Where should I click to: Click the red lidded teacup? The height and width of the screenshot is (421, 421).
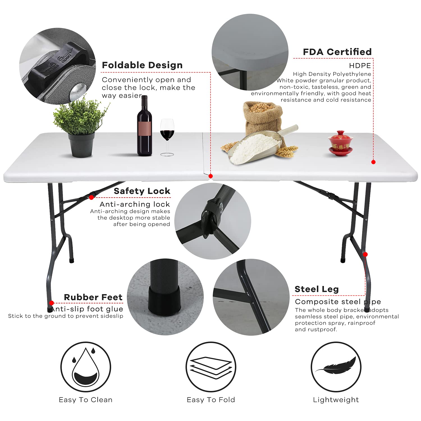click(x=340, y=143)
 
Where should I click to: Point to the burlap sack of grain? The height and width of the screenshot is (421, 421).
click(x=262, y=118)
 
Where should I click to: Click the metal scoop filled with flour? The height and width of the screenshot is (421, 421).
click(x=261, y=146)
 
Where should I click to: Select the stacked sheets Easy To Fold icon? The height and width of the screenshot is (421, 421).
click(x=211, y=367)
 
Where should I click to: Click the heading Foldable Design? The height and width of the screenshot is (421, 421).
click(x=142, y=65)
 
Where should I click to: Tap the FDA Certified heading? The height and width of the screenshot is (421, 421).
click(x=337, y=52)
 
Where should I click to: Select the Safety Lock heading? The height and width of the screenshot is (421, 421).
click(x=142, y=191)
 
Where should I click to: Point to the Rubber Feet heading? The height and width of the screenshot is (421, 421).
click(x=93, y=297)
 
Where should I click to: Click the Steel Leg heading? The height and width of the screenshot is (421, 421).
click(x=317, y=289)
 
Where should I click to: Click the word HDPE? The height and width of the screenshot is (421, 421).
click(x=360, y=66)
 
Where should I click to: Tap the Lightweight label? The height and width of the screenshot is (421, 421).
click(x=336, y=400)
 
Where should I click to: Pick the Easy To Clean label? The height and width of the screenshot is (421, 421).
click(x=86, y=400)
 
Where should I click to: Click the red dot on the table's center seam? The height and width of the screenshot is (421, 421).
click(x=210, y=176)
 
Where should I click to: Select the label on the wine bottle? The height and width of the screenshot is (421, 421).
click(x=145, y=130)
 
